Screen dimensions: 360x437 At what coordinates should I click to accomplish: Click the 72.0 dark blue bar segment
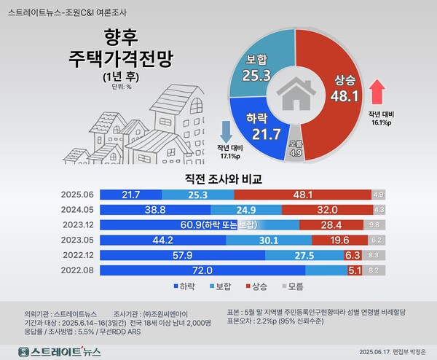coord(200,270)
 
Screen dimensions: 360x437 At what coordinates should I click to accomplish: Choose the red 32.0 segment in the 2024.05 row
coord(326,210)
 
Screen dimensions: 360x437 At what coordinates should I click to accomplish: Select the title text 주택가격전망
coord(122,56)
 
